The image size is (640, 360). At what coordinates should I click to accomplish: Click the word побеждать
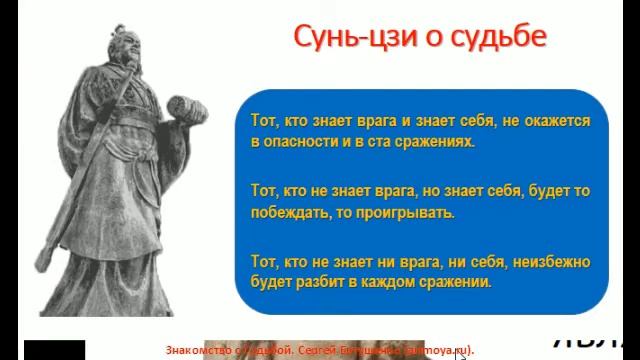pos(290,212)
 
